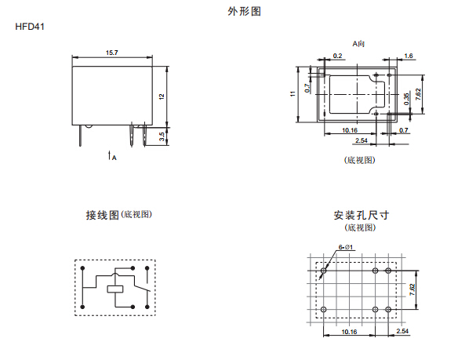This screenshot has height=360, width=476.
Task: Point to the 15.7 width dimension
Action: coord(111,53)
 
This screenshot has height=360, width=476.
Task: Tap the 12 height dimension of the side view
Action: coord(162,96)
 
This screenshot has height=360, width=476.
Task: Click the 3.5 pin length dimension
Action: coord(162,136)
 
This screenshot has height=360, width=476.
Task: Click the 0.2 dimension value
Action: coord(338,56)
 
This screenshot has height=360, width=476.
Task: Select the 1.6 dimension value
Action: coord(409,56)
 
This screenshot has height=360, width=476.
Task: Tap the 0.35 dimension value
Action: coord(406,99)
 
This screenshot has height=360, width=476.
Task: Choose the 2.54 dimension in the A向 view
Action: coord(362,140)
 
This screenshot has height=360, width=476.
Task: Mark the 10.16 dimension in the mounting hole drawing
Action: coord(351,331)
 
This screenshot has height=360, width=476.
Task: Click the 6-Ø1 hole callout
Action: coord(346,248)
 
